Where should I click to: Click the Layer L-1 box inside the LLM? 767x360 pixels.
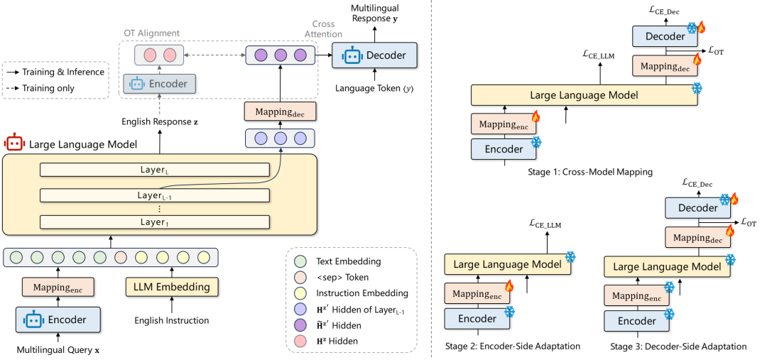coord(154,195)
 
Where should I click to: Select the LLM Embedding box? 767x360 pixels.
coord(171,287)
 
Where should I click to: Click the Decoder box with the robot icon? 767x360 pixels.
coord(374,55)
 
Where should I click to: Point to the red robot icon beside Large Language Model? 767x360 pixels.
coord(13,143)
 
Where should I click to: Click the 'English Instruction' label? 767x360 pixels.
coord(172,320)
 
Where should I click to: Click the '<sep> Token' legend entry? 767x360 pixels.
coord(342,277)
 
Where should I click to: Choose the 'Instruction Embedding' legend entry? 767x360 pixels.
coord(363,293)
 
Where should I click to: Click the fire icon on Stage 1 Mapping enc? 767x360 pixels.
coord(535,116)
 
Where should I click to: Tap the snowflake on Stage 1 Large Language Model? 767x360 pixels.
coord(697,88)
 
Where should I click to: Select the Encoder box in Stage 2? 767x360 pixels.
coord(477,319)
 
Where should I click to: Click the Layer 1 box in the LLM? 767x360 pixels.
coord(154,222)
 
